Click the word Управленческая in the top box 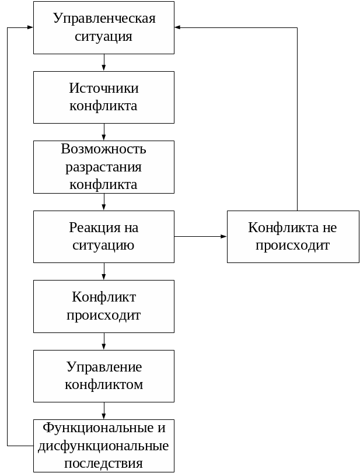(104, 18)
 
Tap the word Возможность (104, 149)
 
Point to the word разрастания (104, 167)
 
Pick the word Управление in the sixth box (104, 367)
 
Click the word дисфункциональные (104, 446)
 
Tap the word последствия (104, 464)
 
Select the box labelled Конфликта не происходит (293, 236)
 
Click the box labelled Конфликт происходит (104, 306)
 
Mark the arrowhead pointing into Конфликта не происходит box (223, 236)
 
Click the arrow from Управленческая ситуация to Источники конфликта (104, 62)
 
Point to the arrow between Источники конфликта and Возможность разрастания (104, 132)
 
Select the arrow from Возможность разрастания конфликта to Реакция (104, 202)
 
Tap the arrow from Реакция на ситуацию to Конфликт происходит (104, 272)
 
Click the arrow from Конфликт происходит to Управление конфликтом (104, 341)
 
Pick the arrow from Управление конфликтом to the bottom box (104, 411)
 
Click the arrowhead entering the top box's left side (30, 27)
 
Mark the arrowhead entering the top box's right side (178, 27)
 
